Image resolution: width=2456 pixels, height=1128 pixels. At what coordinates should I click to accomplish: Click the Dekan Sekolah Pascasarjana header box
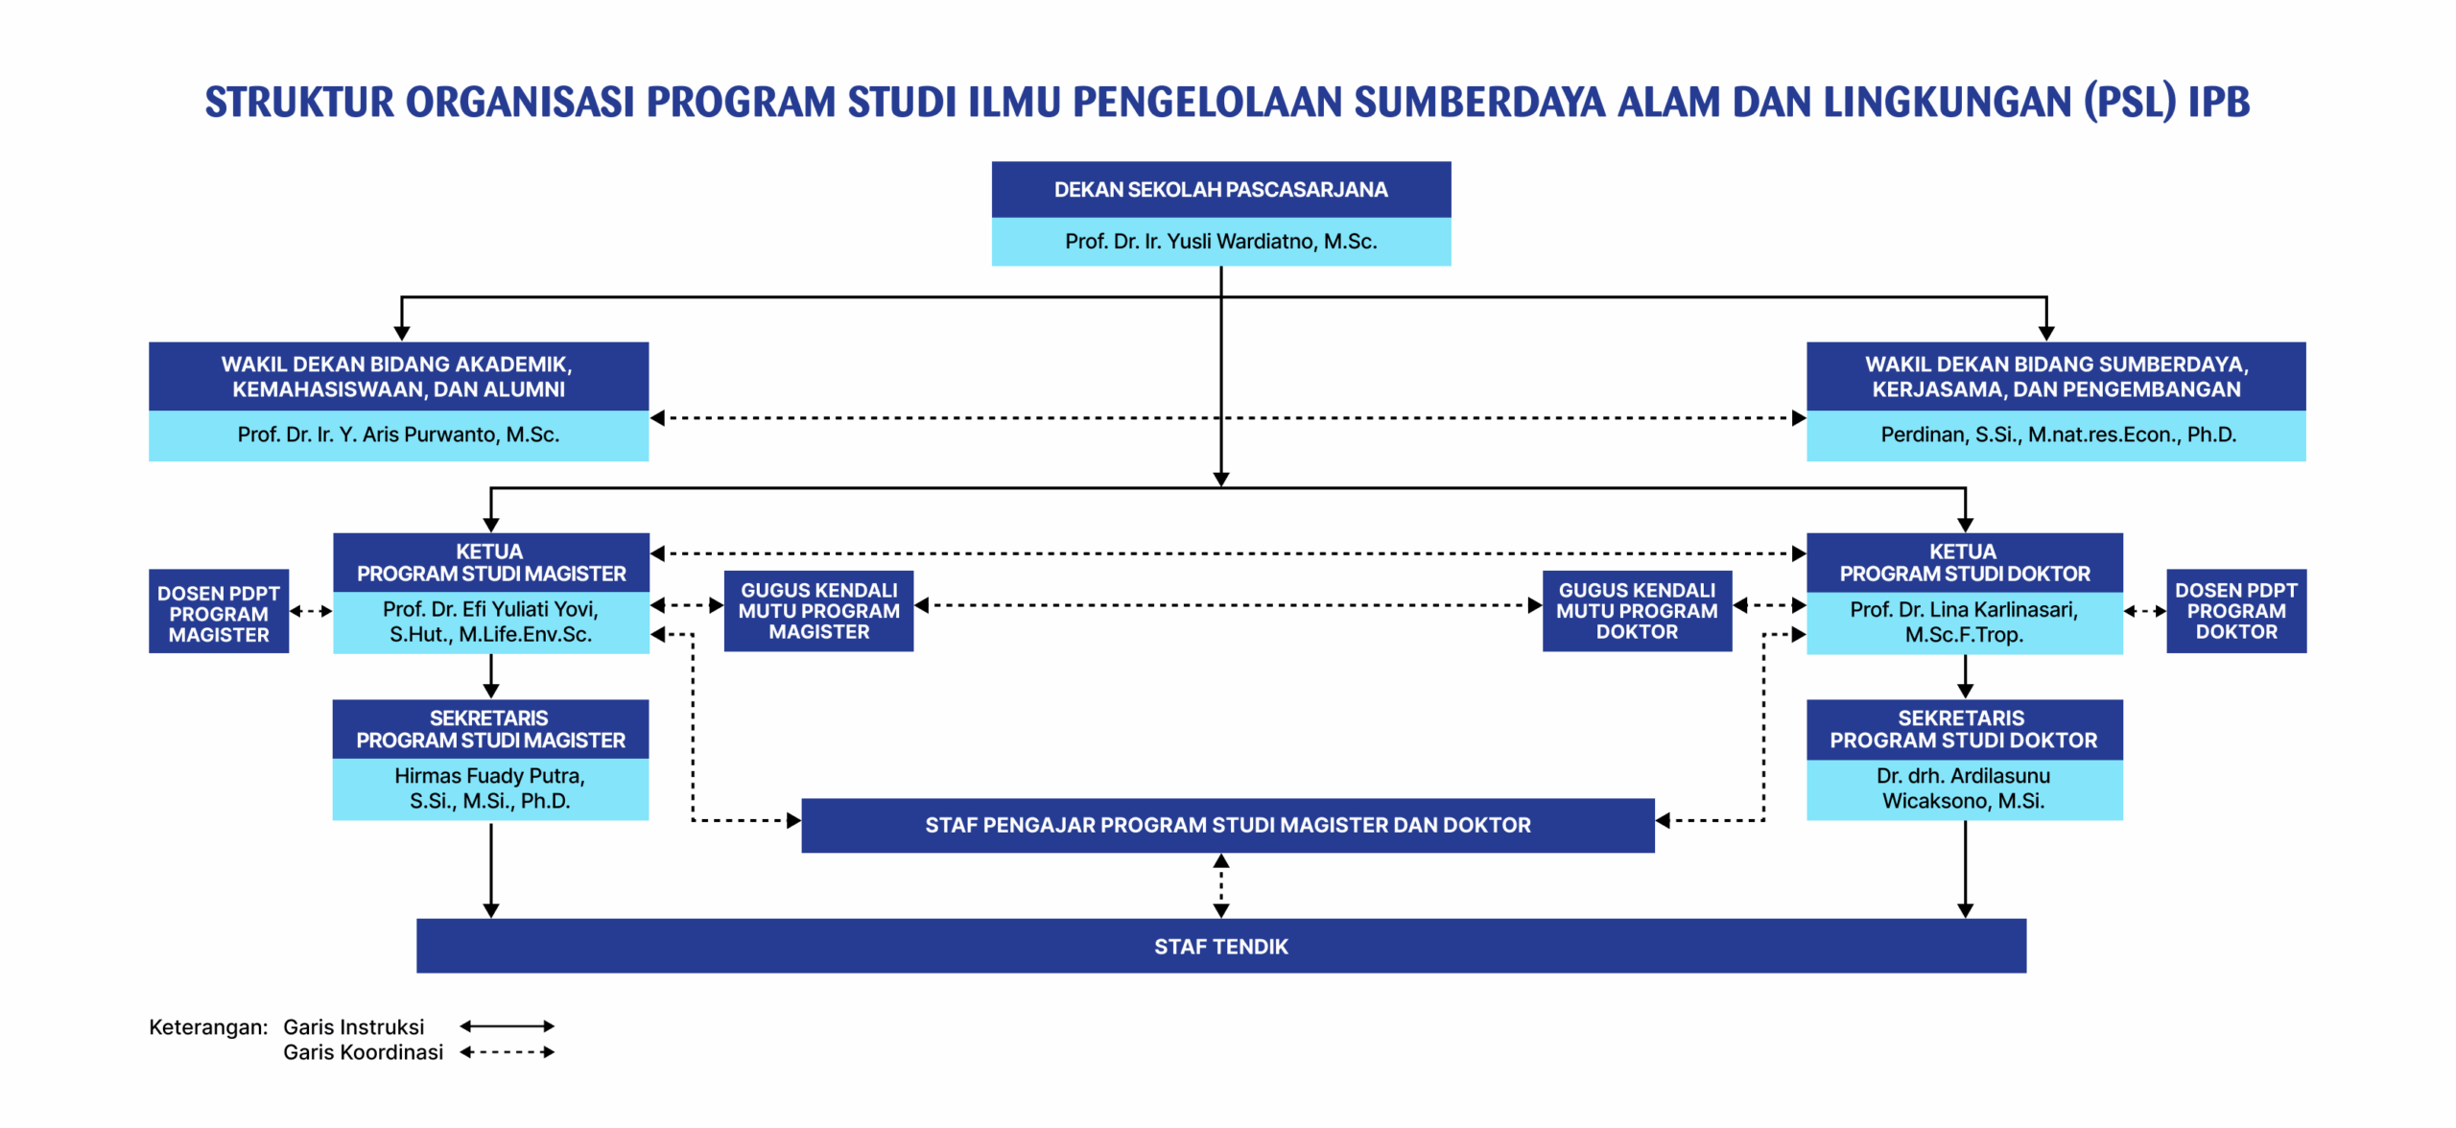[1220, 189]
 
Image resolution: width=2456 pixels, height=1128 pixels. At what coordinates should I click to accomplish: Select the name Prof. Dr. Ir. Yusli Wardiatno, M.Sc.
[1220, 242]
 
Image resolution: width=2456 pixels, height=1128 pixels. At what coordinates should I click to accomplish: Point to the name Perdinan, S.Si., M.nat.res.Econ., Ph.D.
[2058, 435]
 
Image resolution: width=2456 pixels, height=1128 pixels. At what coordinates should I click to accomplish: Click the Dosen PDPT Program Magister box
[219, 612]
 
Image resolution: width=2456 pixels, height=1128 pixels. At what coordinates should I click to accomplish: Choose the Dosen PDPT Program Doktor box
[2236, 611]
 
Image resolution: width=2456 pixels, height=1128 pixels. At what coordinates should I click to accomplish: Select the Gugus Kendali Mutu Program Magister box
[818, 611]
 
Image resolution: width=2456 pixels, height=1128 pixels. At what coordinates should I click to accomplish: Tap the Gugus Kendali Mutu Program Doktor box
[1637, 611]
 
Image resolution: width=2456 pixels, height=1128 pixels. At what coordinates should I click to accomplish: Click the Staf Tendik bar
[1220, 946]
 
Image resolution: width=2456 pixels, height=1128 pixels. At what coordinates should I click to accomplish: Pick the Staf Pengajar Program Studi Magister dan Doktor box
[1228, 825]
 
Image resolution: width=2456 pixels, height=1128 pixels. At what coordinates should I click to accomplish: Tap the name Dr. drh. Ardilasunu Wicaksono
[1964, 787]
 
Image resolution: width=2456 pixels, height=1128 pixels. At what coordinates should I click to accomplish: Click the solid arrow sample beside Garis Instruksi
[507, 1026]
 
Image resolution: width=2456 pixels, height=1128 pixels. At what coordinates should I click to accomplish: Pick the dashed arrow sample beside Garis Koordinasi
[507, 1052]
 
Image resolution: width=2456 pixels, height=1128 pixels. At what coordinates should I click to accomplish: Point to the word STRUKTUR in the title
[299, 102]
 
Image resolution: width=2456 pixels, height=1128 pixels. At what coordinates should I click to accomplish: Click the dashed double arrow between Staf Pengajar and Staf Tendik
[1220, 885]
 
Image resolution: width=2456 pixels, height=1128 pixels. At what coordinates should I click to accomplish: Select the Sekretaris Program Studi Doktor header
[1964, 729]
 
